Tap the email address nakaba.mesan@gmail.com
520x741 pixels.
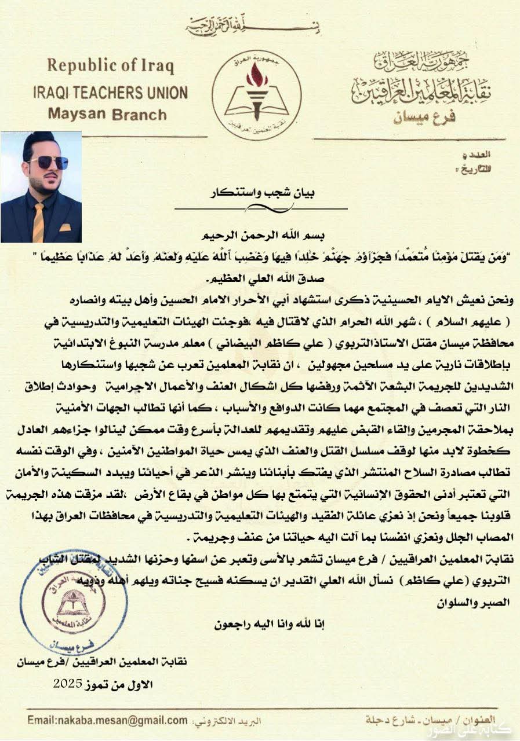107,721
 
